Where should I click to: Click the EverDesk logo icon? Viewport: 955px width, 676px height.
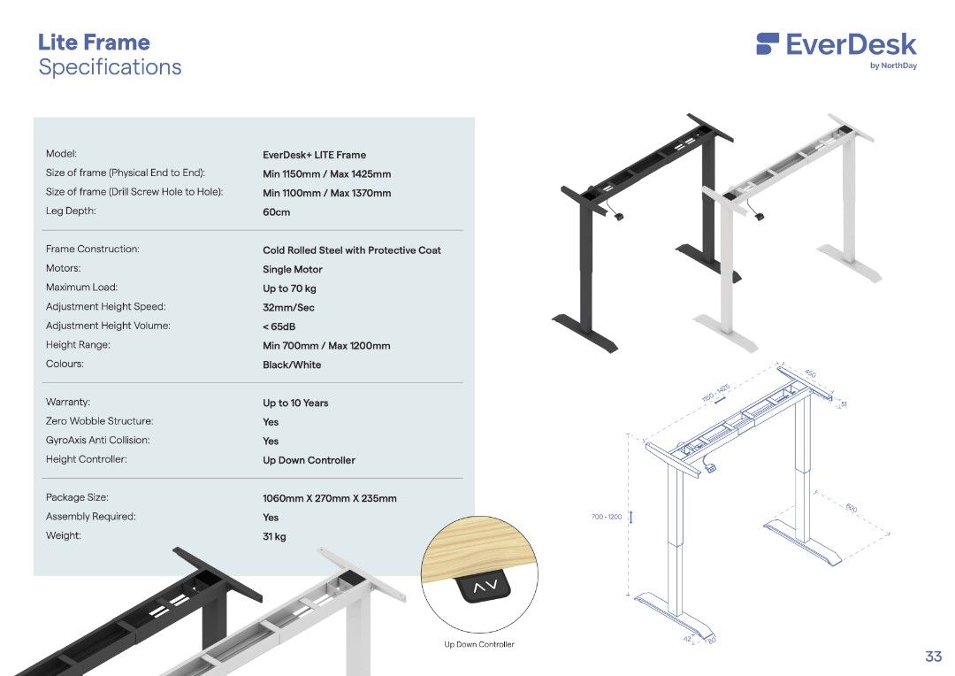(x=768, y=44)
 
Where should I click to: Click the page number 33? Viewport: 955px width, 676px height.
(x=933, y=657)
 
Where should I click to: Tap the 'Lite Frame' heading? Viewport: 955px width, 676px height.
(x=94, y=42)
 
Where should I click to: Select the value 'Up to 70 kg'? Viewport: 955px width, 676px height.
(x=289, y=288)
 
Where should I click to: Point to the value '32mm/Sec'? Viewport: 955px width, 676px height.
(x=288, y=308)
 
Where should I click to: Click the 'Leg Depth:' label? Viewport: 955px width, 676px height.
(x=71, y=211)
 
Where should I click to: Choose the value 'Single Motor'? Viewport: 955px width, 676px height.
(x=293, y=270)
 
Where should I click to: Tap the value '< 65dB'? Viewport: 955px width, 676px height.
(x=279, y=326)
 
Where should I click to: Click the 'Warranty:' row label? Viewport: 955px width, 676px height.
(x=68, y=403)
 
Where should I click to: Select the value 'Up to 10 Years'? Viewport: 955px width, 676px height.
(x=295, y=403)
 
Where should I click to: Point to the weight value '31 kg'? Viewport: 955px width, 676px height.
(x=274, y=536)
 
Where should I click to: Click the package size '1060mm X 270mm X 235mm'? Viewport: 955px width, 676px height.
(x=330, y=498)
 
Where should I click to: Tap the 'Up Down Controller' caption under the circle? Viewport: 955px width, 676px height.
(x=478, y=644)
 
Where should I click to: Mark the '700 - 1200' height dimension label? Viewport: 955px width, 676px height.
(x=607, y=517)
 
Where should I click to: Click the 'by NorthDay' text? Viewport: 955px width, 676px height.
(x=893, y=65)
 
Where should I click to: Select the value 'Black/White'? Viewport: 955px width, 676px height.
(x=292, y=365)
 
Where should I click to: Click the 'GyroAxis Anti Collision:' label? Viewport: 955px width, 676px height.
(x=98, y=441)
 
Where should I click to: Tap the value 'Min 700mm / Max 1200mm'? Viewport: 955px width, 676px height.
(x=326, y=346)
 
